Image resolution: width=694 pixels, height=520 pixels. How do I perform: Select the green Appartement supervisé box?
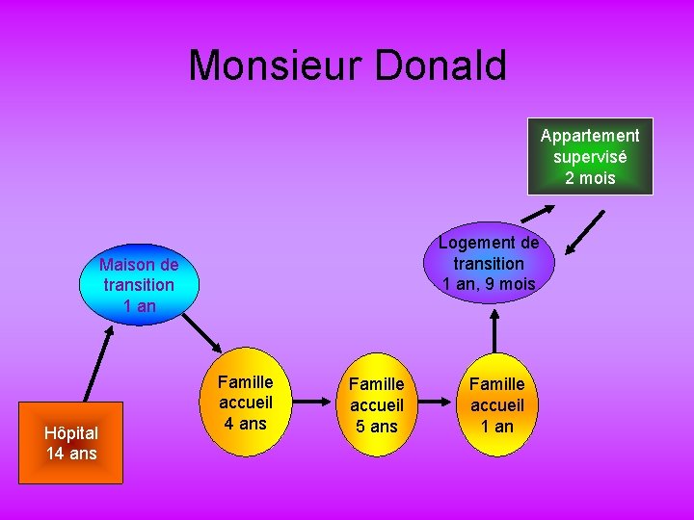[590, 156]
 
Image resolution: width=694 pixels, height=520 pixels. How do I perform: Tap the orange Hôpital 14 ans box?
[71, 442]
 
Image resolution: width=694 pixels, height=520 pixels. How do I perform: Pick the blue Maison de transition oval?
[139, 285]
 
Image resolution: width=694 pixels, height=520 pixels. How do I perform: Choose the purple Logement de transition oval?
[489, 263]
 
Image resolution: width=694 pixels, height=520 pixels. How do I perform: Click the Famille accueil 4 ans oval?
[246, 403]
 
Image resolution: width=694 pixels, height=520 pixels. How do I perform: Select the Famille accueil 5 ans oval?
[377, 404]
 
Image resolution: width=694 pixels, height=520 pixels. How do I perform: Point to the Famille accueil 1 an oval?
[497, 404]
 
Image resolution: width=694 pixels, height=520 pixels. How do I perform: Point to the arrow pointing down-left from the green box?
[586, 232]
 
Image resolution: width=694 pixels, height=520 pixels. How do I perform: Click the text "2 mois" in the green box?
[590, 178]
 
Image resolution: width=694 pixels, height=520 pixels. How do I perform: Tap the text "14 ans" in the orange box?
[71, 453]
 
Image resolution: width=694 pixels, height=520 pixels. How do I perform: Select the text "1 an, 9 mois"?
[489, 283]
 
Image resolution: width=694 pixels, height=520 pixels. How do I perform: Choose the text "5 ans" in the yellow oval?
[377, 426]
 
